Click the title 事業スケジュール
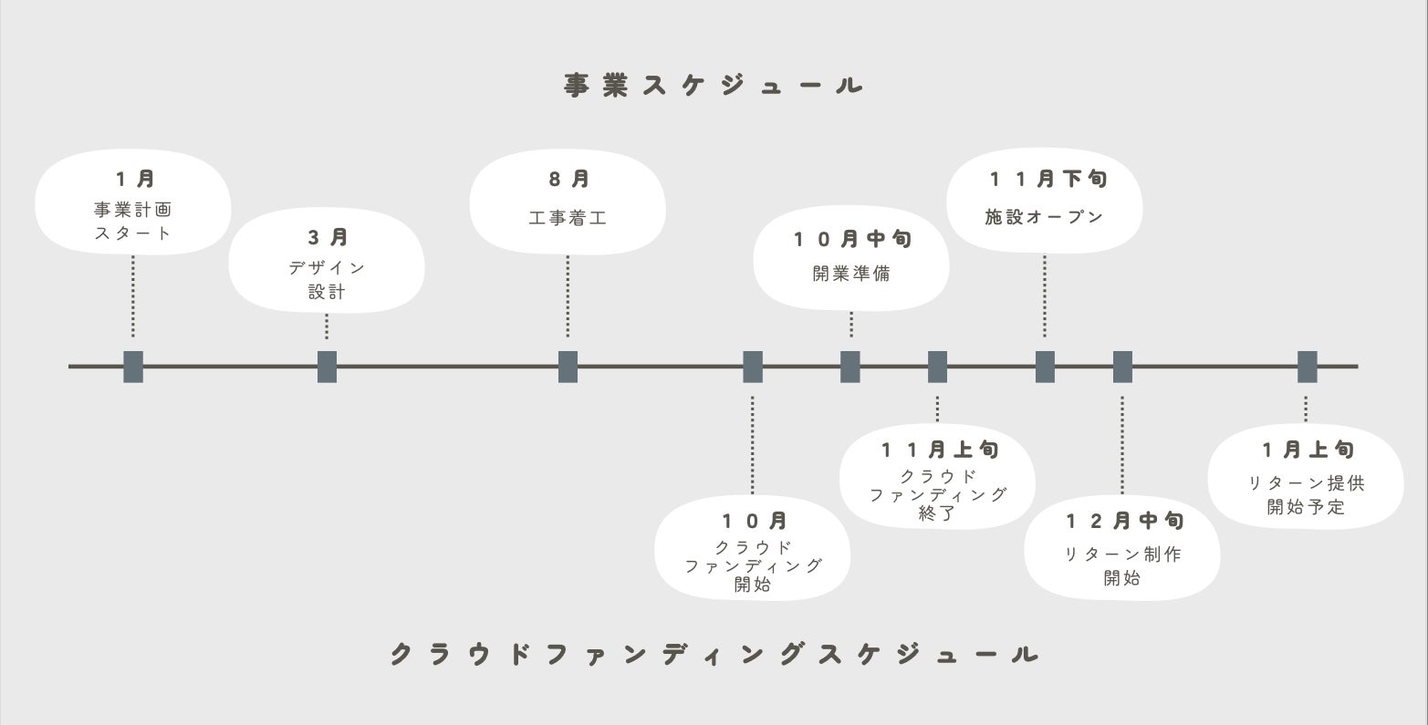[x=714, y=86]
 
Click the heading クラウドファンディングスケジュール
[x=714, y=654]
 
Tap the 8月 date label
[x=568, y=180]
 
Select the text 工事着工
[x=568, y=219]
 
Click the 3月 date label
[x=327, y=238]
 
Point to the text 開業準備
[x=851, y=274]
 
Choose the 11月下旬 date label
[x=1048, y=179]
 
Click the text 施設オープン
[x=1045, y=217]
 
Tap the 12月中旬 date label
[x=1125, y=521]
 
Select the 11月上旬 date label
[x=940, y=450]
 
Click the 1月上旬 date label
[x=1308, y=450]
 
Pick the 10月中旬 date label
[x=852, y=240]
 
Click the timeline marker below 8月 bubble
[x=568, y=367]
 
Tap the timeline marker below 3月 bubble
[x=327, y=367]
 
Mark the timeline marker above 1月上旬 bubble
[x=1307, y=367]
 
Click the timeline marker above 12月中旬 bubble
[x=1122, y=367]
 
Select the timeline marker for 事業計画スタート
[x=133, y=367]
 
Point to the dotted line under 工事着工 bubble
[x=568, y=296]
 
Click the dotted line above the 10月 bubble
[x=752, y=445]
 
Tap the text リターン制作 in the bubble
[x=1122, y=554]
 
